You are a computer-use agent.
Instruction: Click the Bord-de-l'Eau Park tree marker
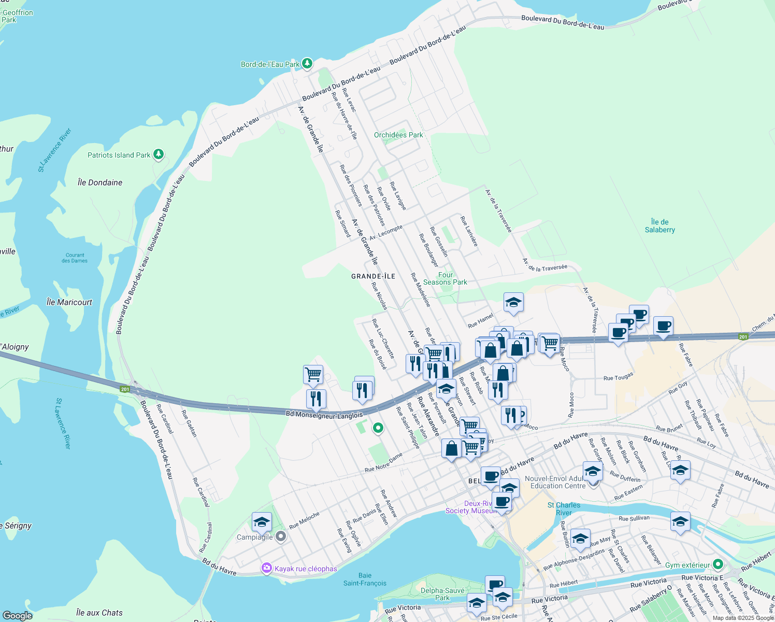click(307, 63)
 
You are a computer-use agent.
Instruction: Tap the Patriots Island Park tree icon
click(159, 154)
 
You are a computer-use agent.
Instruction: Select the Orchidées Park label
click(398, 135)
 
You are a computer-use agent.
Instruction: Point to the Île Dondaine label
click(100, 182)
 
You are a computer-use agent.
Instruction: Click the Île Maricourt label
click(69, 302)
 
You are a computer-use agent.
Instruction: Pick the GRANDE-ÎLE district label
click(373, 276)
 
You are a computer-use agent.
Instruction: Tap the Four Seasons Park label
click(445, 279)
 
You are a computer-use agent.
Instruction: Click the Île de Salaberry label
click(659, 226)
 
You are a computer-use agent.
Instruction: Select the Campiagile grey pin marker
click(281, 536)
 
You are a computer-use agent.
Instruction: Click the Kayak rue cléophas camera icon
click(267, 568)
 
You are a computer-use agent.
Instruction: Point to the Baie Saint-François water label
click(365, 579)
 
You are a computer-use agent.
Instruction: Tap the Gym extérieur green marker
click(717, 564)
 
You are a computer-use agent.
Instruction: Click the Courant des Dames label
click(75, 258)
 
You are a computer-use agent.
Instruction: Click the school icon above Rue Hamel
click(513, 303)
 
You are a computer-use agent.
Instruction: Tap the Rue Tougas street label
click(618, 377)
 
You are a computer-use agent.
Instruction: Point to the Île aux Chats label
click(99, 613)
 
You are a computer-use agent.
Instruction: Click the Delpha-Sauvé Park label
click(442, 594)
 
